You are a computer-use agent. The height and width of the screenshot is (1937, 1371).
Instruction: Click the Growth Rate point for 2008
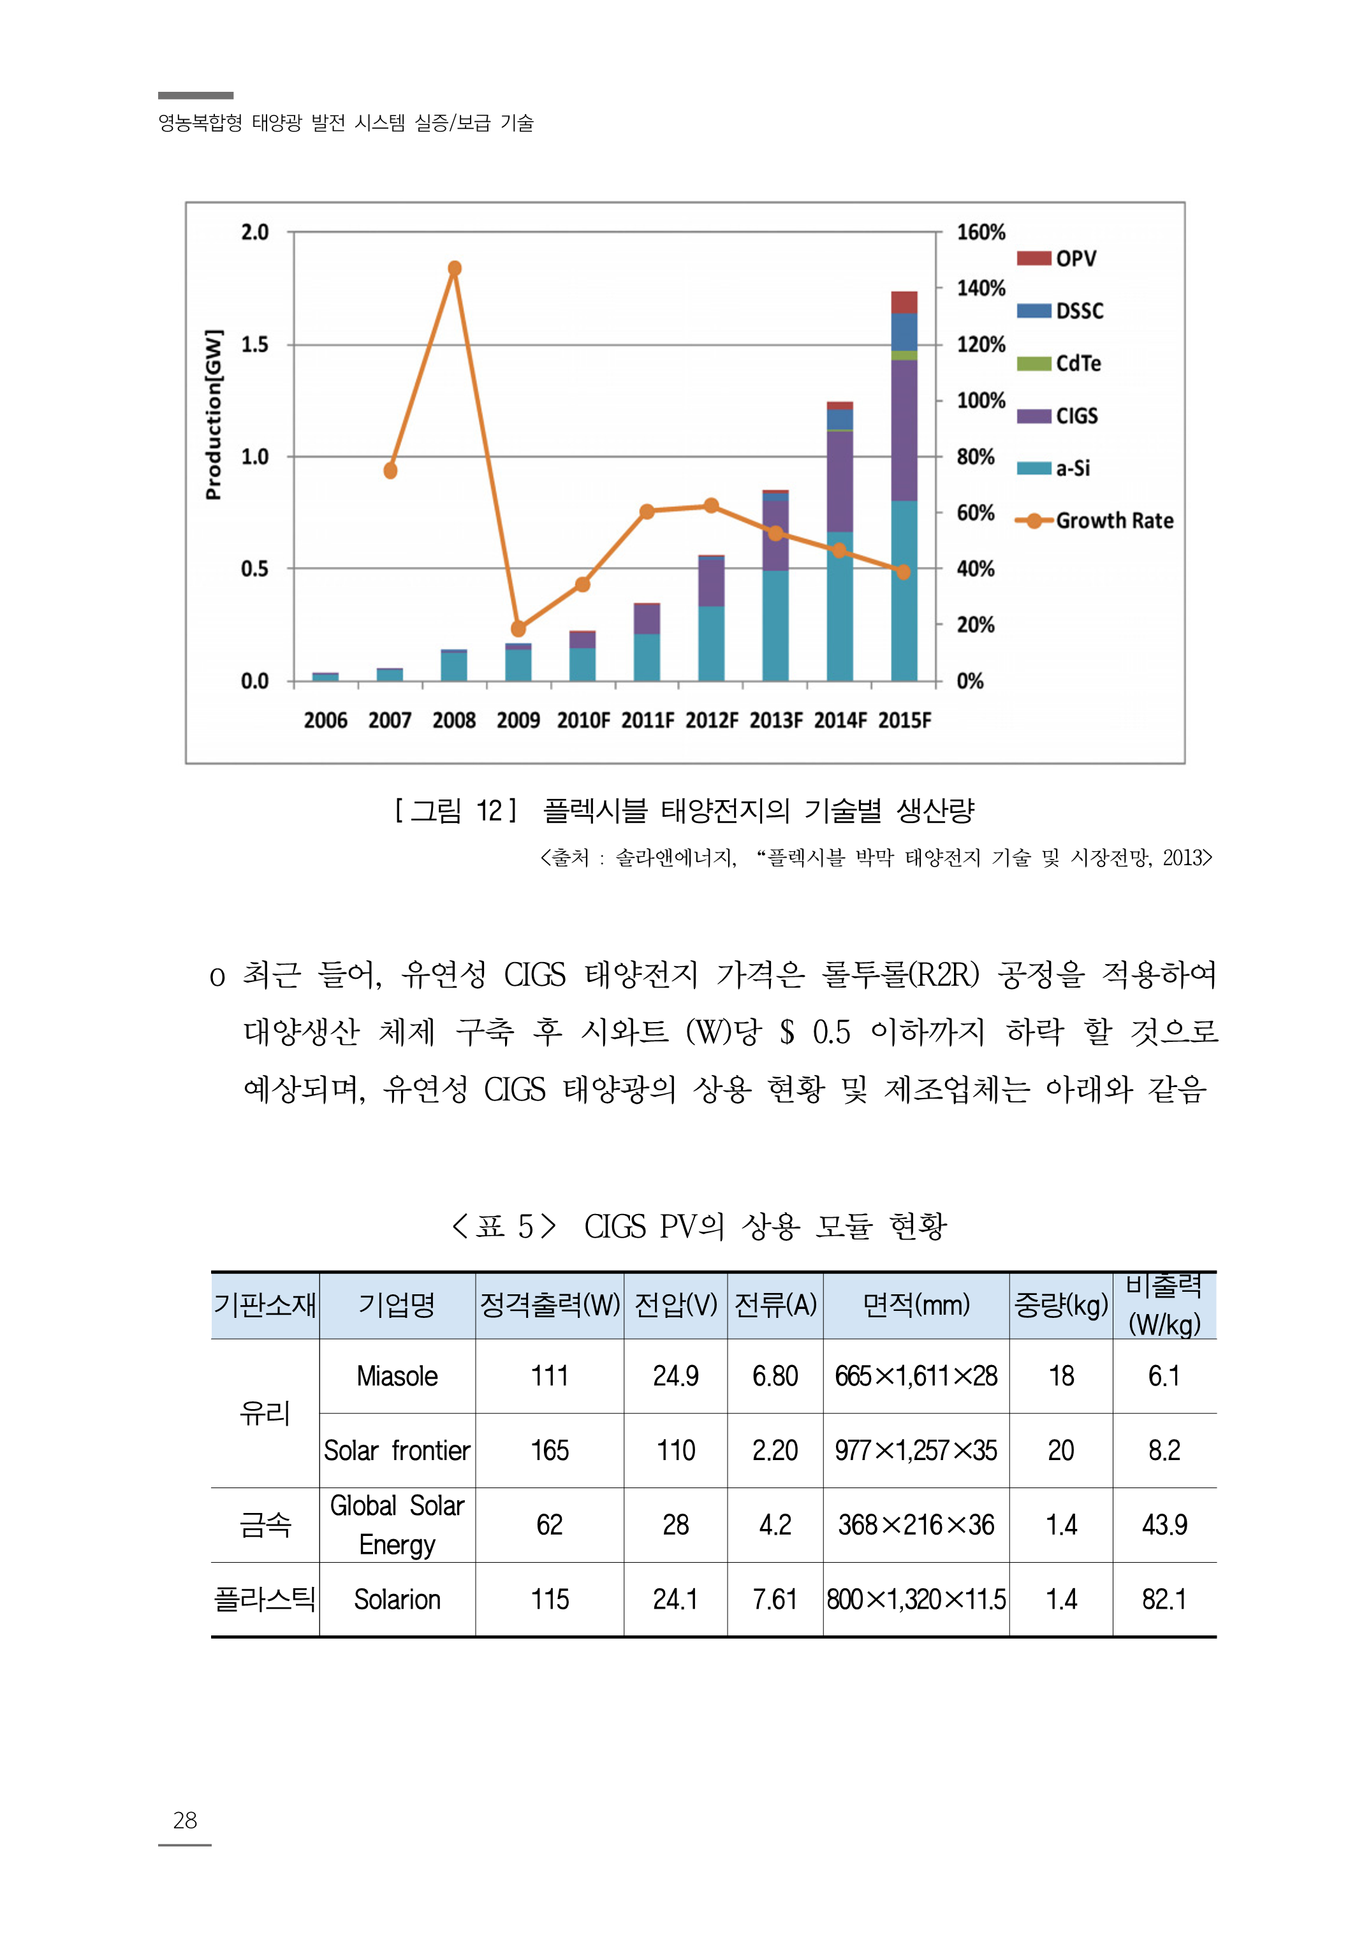[x=454, y=268]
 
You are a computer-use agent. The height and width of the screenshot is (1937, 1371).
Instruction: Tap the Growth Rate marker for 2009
[x=518, y=628]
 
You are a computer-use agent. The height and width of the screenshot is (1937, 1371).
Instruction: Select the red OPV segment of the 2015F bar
[x=904, y=302]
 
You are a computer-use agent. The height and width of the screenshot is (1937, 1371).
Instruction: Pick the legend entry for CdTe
[x=1059, y=364]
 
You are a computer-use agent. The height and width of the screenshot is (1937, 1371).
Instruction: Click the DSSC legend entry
[x=1059, y=311]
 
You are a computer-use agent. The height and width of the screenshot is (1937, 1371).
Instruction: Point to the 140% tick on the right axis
[x=980, y=289]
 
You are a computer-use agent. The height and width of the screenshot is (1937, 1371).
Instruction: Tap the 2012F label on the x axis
[x=711, y=720]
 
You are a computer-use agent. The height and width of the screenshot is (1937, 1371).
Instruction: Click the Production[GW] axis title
[x=214, y=414]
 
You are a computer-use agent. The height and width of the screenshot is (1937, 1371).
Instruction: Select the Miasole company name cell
[x=397, y=1376]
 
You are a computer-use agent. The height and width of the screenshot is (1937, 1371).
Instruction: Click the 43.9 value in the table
[x=1164, y=1524]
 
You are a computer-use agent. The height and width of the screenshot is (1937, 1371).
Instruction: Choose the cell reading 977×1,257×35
[x=916, y=1450]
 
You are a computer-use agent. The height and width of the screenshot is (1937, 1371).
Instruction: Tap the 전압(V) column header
[x=675, y=1305]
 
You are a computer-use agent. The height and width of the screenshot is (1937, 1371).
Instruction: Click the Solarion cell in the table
[x=397, y=1600]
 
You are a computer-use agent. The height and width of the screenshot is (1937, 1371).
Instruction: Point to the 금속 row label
[x=265, y=1524]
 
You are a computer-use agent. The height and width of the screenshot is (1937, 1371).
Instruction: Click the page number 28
[x=185, y=1820]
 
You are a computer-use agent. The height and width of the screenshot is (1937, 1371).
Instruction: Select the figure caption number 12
[x=490, y=810]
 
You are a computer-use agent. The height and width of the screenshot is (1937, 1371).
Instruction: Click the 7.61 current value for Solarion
[x=774, y=1600]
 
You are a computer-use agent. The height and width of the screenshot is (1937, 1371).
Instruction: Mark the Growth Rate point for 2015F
[x=904, y=573]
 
